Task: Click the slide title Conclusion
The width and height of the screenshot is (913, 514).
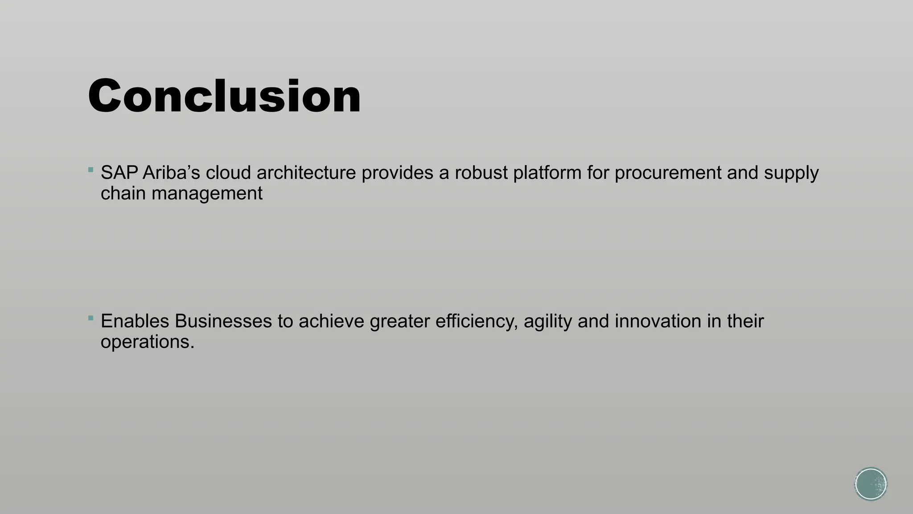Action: [224, 96]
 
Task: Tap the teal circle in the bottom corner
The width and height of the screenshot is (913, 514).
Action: [871, 484]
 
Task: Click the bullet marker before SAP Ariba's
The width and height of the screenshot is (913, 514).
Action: [91, 170]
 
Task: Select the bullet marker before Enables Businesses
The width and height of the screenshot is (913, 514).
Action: [91, 318]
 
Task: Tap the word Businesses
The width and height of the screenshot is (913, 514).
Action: [223, 321]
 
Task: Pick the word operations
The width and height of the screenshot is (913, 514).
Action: [148, 343]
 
